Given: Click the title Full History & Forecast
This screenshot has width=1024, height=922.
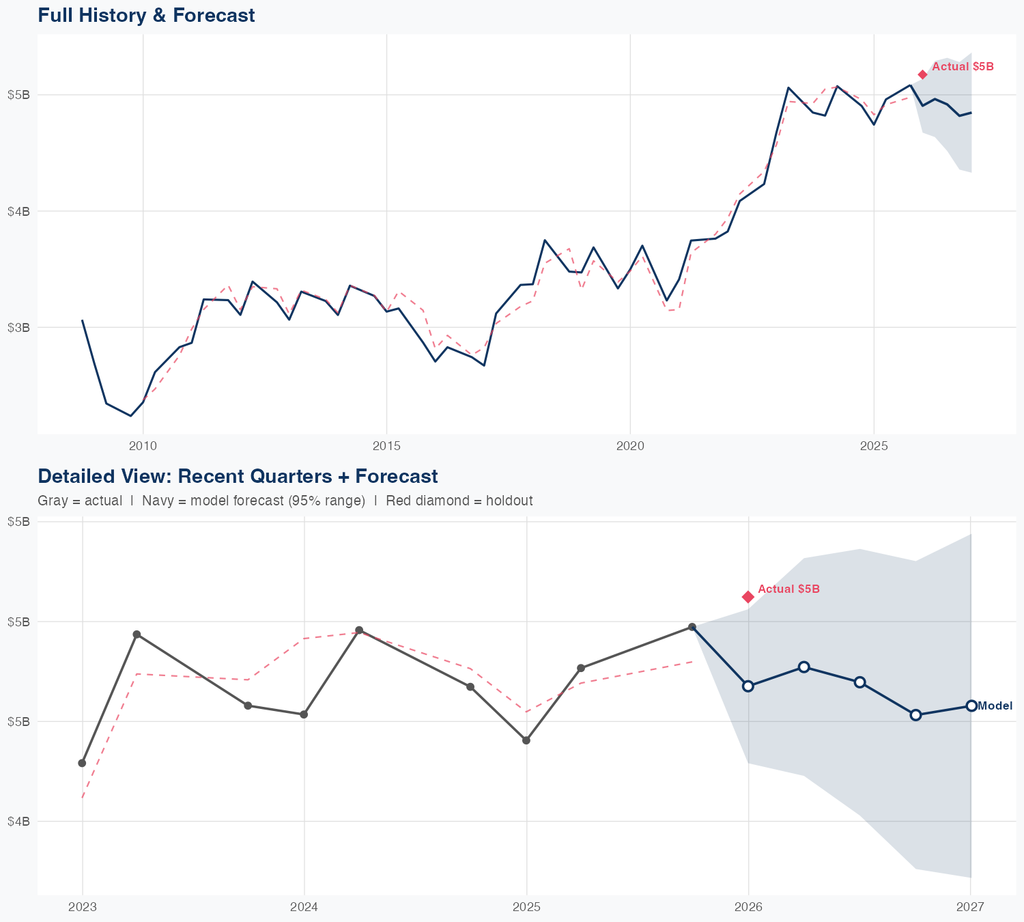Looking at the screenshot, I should point(146,15).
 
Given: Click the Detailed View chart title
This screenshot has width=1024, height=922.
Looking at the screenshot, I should point(238,476).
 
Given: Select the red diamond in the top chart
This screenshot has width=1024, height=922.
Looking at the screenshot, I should point(922,74).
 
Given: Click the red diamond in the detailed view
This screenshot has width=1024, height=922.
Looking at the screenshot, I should point(748,597).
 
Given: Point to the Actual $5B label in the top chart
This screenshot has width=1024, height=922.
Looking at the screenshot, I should point(963,67).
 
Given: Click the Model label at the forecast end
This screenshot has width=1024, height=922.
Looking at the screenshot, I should point(995,706).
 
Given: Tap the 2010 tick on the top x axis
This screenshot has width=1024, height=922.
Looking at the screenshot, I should point(143,447).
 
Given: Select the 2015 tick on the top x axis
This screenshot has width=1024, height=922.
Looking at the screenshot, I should point(386,447).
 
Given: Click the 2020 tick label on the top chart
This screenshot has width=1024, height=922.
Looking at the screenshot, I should point(630,447).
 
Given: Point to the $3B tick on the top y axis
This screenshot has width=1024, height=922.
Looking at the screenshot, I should point(18,328).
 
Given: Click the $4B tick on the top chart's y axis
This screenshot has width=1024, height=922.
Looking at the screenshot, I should point(18,212).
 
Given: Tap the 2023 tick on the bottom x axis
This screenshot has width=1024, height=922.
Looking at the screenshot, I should point(83,907).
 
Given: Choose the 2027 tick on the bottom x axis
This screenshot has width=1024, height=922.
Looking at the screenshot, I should point(970,907).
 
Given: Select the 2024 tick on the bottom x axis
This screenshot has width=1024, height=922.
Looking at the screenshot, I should point(304,907).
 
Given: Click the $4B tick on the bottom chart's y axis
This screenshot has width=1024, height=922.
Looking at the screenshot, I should point(18,822).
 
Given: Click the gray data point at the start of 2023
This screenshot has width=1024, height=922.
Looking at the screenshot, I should point(82,763).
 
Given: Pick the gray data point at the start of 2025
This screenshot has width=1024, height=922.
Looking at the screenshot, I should point(526,740).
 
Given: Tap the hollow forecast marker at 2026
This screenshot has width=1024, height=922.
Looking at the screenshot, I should point(748,686).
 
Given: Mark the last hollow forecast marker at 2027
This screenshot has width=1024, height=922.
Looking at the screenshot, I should point(971,706).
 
